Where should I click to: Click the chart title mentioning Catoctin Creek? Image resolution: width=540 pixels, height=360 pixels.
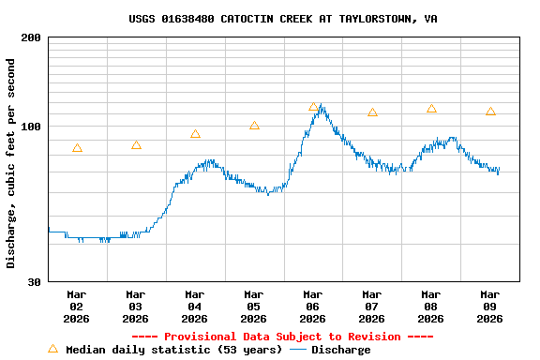click(282, 19)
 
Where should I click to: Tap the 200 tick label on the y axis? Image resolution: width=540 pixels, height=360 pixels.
click(31, 37)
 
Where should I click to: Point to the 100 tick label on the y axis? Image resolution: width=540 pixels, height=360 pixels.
click(31, 127)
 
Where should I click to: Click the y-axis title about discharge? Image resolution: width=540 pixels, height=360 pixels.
click(11, 163)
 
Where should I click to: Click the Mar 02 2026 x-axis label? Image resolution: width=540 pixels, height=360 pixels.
click(76, 306)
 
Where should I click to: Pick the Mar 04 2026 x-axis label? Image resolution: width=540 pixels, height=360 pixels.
click(194, 306)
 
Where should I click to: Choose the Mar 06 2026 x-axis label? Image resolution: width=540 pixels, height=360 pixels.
click(312, 306)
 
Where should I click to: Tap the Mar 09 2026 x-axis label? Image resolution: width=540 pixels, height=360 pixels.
click(489, 306)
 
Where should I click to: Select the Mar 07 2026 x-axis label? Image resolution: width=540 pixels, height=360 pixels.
click(371, 306)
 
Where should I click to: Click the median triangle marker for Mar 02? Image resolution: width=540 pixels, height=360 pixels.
click(77, 148)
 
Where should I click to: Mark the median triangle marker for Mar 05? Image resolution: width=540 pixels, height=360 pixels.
click(254, 126)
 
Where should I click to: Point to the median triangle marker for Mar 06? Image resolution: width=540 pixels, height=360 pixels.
click(313, 107)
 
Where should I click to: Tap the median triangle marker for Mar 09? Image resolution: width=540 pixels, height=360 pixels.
click(490, 112)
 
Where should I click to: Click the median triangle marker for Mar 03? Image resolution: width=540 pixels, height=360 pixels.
click(136, 145)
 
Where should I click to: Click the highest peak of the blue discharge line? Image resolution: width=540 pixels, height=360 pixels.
click(321, 105)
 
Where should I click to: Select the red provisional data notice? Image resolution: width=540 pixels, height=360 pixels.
click(282, 337)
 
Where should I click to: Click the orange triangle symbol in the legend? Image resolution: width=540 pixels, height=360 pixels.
click(52, 349)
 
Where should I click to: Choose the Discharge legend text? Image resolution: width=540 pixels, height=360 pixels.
click(340, 350)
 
